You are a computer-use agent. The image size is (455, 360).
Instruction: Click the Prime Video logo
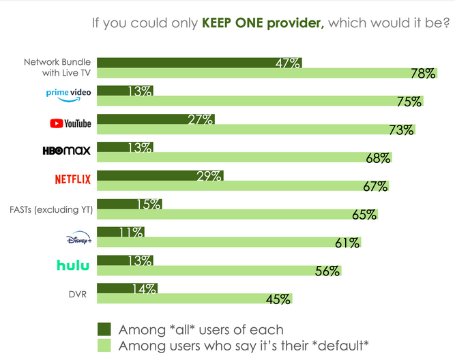coord(68,94)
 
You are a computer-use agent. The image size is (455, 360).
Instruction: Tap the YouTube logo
coord(70,123)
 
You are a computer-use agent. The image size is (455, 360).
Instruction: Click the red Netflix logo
coord(72,179)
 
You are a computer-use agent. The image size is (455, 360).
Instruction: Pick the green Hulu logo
coord(73,265)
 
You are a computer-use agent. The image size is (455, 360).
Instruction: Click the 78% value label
coord(422,74)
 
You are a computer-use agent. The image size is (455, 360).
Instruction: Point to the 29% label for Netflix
coord(209,175)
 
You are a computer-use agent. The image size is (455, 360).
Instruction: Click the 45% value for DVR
coord(278,299)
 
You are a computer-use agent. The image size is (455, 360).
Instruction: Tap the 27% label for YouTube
coord(201,119)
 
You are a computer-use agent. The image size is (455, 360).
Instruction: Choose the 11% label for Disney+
coord(130,232)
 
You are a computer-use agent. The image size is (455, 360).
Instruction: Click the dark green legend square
coord(104,329)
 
